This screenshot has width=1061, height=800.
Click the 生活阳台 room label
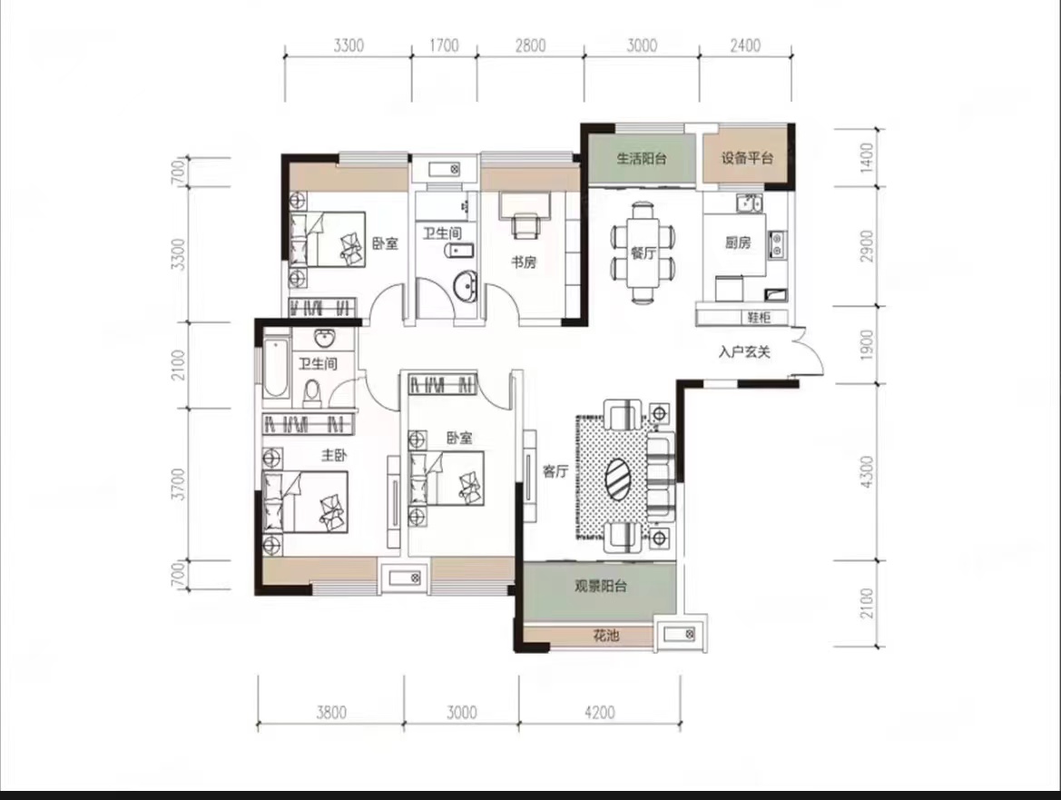[641, 158]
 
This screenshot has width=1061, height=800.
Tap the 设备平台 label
[746, 158]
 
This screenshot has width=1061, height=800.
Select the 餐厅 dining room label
[643, 253]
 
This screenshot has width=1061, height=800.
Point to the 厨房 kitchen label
[738, 242]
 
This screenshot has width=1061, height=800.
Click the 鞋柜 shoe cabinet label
[759, 317]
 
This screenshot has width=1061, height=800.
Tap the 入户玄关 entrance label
[744, 352]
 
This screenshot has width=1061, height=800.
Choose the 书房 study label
[524, 262]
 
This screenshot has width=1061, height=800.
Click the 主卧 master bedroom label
[334, 455]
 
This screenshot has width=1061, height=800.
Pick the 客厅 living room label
[555, 471]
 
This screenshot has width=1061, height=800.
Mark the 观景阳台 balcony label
[601, 586]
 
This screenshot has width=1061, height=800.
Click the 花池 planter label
[605, 636]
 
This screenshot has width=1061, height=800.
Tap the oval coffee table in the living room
[618, 479]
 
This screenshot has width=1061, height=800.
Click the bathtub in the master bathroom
[275, 367]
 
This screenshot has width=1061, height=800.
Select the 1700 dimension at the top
[444, 45]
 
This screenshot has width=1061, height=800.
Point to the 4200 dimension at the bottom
[600, 712]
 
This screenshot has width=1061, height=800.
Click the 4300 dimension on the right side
[867, 472]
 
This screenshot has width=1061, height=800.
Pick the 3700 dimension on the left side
[178, 484]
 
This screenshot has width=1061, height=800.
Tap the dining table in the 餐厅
[643, 252]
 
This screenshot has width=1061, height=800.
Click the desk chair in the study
[526, 224]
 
